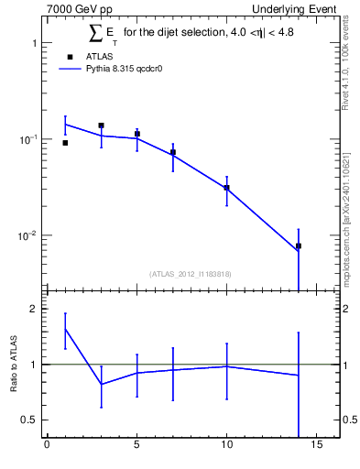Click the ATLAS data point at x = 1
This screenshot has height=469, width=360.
pos(65,143)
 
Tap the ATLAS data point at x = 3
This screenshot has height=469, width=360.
pos(101,125)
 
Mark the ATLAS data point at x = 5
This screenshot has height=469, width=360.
pos(136,134)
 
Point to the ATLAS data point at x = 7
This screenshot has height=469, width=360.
pos(172,152)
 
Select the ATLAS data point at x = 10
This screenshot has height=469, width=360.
pos(226,188)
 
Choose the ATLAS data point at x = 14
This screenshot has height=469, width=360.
pos(299,245)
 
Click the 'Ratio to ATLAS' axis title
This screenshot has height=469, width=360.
pos(13,364)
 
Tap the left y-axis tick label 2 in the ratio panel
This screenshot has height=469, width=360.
pos(32,309)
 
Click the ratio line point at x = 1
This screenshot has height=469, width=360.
pos(65,328)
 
